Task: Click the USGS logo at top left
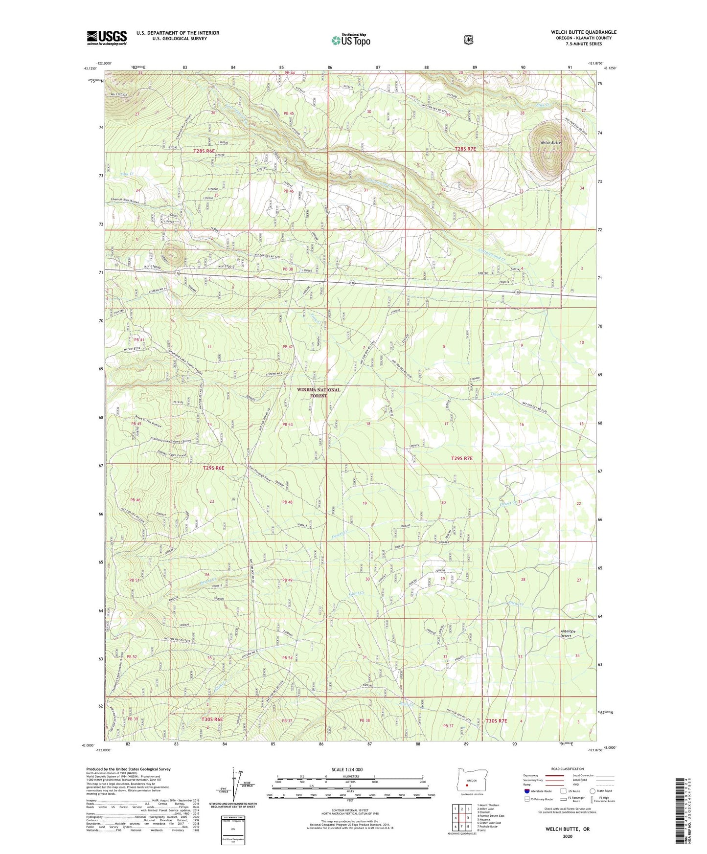pyautogui.click(x=107, y=38)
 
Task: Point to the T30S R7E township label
pyautogui.click(x=496, y=721)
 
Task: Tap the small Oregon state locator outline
pyautogui.click(x=467, y=783)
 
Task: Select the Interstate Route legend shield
pyautogui.click(x=526, y=791)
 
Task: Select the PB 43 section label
pyautogui.click(x=287, y=424)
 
